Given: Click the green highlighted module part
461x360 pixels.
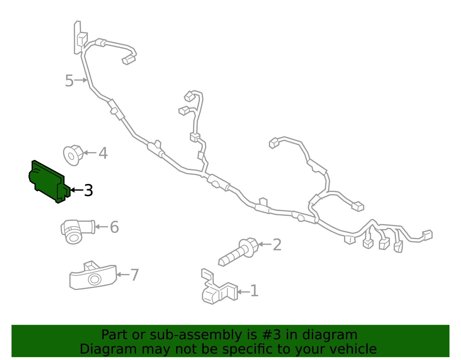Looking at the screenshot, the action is click(48, 182).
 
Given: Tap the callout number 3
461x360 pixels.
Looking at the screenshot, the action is click(88, 190).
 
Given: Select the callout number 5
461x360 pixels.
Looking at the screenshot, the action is click(69, 81).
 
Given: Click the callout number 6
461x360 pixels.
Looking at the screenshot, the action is click(114, 227).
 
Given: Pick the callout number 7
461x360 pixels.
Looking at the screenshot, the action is click(135, 275).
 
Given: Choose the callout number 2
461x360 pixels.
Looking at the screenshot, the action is click(277, 245).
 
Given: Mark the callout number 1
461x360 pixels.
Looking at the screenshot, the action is click(254, 291).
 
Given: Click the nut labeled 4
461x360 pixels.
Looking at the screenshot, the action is click(73, 155).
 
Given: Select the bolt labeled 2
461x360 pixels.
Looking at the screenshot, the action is click(239, 252).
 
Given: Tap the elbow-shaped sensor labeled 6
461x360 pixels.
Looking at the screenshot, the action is click(78, 231).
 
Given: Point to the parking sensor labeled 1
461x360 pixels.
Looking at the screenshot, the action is click(219, 287).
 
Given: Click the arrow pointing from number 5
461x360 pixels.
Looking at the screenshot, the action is click(81, 80).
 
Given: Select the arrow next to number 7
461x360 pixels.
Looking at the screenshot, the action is click(123, 275).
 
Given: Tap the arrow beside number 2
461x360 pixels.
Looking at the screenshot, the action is click(265, 244).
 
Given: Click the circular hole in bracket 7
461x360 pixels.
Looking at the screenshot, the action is click(95, 279).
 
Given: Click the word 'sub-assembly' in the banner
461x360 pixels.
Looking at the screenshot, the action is click(196, 335).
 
